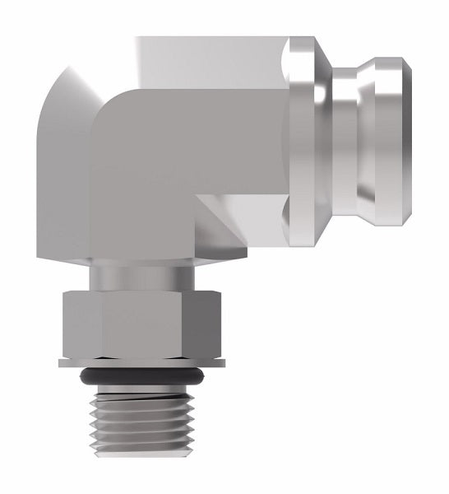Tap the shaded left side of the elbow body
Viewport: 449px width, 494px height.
(x=62, y=189)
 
